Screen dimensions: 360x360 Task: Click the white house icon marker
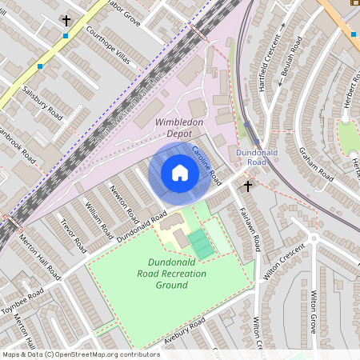[180, 173]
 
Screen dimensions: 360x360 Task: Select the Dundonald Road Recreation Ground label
[176, 274]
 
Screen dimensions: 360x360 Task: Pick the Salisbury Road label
[42, 102]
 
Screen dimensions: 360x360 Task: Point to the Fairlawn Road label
[246, 226]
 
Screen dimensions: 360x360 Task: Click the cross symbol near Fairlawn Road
[248, 186]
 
